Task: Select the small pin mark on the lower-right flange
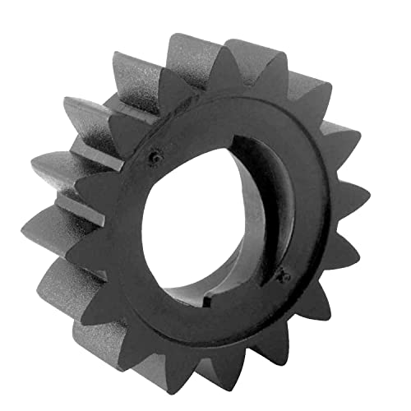tap(285, 276)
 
